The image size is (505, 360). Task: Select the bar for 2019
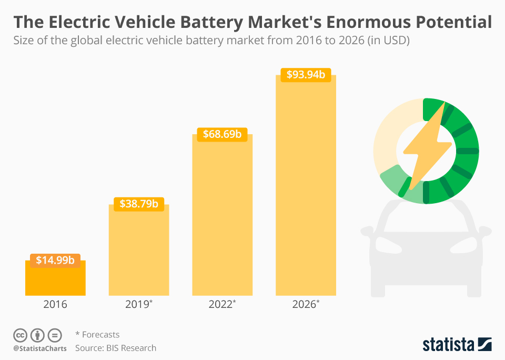click(x=139, y=253)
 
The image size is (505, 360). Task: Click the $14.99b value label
click(x=55, y=260)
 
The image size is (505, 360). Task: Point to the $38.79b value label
click(x=139, y=203)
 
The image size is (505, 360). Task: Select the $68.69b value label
click(x=222, y=134)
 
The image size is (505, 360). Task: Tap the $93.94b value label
click(x=306, y=75)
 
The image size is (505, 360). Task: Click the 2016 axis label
click(x=55, y=304)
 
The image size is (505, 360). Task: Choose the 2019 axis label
click(x=138, y=304)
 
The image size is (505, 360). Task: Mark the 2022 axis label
click(x=221, y=304)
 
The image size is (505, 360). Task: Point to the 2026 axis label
click(x=305, y=304)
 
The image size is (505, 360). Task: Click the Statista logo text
click(x=448, y=345)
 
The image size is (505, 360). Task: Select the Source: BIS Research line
click(x=116, y=348)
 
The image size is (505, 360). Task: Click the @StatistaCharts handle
click(x=40, y=348)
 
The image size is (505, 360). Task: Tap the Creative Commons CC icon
click(x=20, y=335)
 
